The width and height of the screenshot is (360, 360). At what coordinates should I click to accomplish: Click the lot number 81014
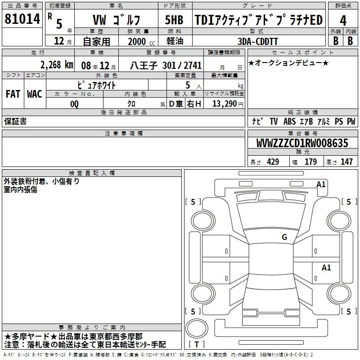click(x=22, y=19)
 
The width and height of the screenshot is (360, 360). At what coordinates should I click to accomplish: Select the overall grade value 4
click(x=343, y=21)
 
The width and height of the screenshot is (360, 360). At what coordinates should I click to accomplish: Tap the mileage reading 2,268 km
click(x=57, y=65)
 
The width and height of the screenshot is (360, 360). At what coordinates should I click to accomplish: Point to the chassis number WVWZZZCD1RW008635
click(x=302, y=143)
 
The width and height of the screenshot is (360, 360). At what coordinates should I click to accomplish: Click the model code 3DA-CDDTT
click(x=257, y=41)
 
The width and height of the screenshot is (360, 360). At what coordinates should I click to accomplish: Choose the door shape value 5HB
click(x=174, y=20)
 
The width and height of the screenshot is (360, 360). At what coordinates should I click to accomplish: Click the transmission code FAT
click(x=13, y=94)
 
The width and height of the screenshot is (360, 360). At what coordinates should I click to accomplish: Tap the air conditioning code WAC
click(x=35, y=94)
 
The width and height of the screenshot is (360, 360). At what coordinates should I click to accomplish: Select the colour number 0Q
click(x=74, y=104)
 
